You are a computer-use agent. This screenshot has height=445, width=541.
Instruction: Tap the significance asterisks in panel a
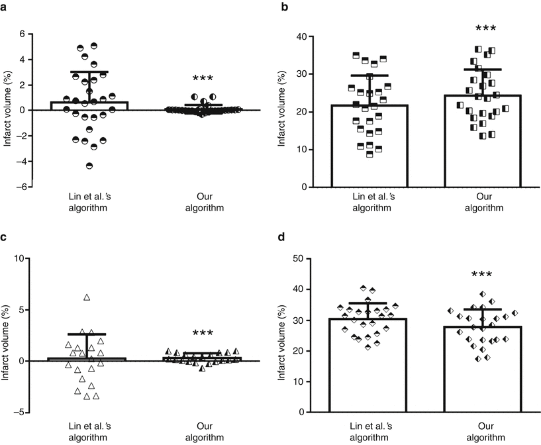[x=203, y=79]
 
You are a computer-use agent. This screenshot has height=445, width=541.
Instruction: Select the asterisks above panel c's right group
[x=203, y=334]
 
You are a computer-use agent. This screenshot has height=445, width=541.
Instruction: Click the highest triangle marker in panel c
[x=86, y=297]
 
